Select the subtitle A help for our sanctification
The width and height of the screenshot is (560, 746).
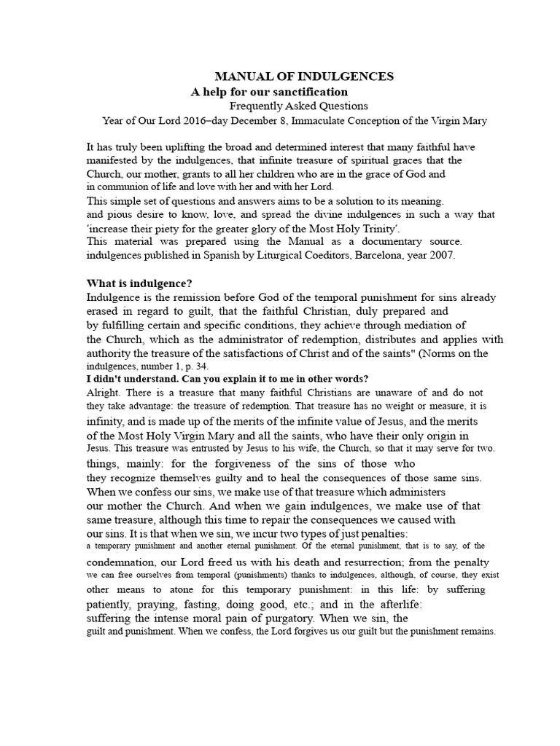[269, 93]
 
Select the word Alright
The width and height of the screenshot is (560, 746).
[103, 392]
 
